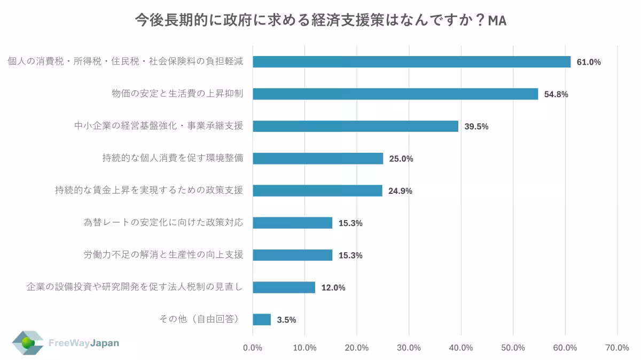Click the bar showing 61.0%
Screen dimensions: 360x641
pos(411,62)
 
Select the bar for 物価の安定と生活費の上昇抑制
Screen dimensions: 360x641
pos(395,94)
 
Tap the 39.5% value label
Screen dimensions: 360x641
pos(476,127)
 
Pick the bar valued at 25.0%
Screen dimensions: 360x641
pos(318,159)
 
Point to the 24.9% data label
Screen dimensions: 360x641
pos(400,191)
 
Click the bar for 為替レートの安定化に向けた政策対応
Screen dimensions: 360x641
pos(292,223)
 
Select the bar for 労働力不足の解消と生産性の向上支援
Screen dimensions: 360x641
pos(292,255)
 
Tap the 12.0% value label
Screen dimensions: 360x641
pos(333,288)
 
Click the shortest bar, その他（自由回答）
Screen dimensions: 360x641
pos(262,319)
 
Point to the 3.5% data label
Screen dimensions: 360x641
pos(286,320)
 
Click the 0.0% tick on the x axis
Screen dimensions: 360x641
pos(253,348)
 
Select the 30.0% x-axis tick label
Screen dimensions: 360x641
pos(409,348)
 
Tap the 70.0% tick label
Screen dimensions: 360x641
pos(617,348)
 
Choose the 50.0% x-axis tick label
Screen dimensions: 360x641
pos(513,348)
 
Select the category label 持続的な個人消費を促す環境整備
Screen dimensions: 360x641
pos(173,158)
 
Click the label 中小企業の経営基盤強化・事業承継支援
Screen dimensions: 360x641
pos(158,126)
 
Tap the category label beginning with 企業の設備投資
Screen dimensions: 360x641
pos(135,287)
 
